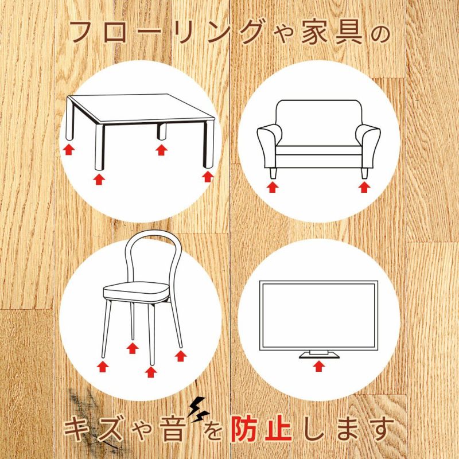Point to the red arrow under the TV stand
(319, 365)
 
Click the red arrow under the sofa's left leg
(273, 187)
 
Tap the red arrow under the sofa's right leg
(364, 187)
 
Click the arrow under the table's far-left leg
(69, 150)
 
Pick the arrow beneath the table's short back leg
(162, 150)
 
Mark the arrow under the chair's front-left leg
(103, 367)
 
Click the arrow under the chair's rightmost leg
(181, 356)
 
